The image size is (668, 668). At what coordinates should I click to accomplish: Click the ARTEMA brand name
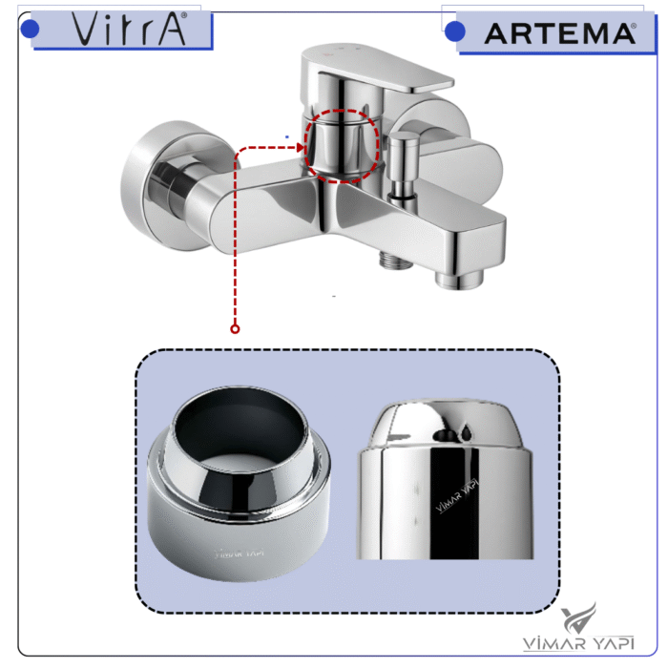[559, 33]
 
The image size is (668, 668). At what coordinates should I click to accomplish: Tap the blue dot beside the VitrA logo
[30, 29]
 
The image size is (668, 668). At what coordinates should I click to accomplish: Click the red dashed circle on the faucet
[341, 145]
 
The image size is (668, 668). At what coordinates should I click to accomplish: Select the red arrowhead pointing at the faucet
[301, 148]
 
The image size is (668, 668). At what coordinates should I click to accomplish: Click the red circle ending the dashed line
[235, 329]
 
